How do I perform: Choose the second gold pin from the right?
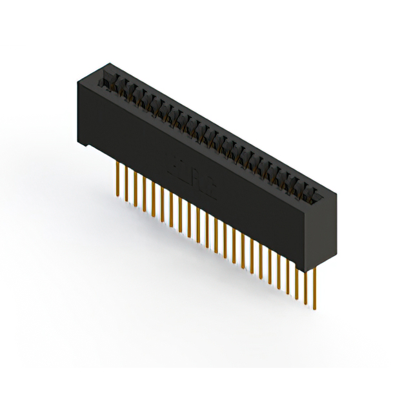[307, 284]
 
